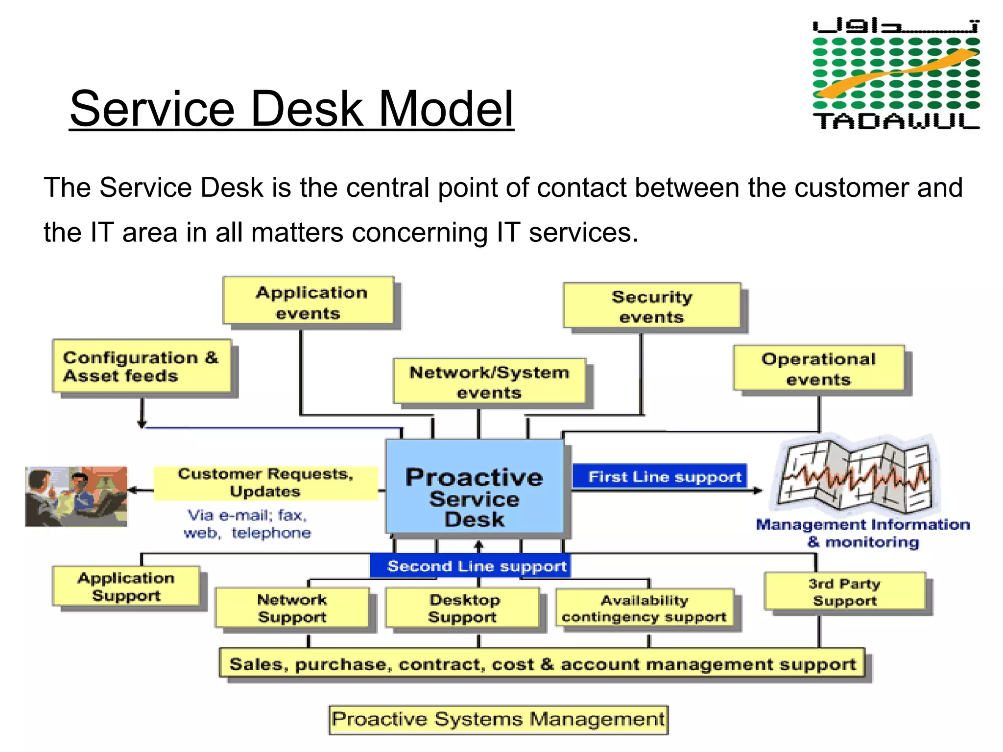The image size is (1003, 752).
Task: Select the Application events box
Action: tap(309, 302)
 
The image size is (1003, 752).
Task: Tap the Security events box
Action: tap(652, 306)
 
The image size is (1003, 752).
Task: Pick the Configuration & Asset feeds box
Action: tap(141, 366)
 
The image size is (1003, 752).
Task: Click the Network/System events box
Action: tap(489, 381)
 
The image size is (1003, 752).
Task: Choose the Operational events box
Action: tap(818, 368)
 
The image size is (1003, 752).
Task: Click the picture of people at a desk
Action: tap(76, 496)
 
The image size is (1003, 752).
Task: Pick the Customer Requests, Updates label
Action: tap(265, 483)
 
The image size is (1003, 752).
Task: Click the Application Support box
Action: tap(126, 586)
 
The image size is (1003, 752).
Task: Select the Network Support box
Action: tap(292, 608)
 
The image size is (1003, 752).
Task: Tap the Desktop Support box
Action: tap(463, 608)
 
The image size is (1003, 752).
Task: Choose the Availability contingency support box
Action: tap(645, 608)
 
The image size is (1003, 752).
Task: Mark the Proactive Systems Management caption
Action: tap(498, 719)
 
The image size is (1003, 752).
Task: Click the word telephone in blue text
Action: tap(271, 533)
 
